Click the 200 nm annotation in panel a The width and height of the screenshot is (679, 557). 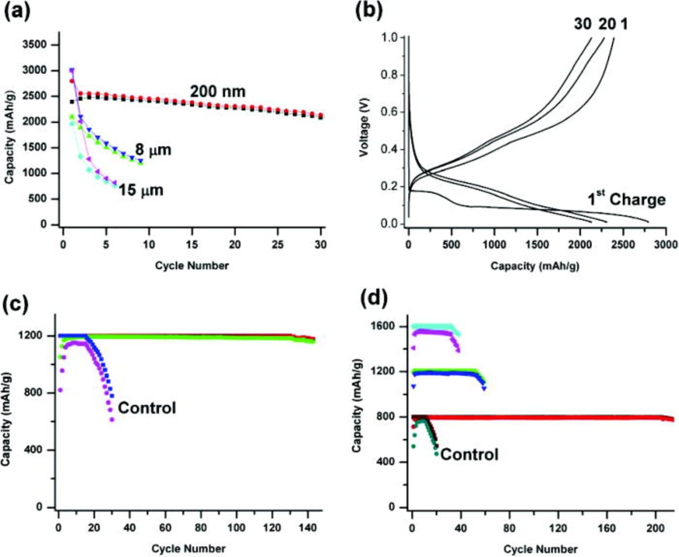(x=217, y=92)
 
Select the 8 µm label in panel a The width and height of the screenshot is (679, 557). (x=153, y=150)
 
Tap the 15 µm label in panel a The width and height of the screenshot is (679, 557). (x=141, y=190)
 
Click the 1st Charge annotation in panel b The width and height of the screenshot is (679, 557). (x=626, y=199)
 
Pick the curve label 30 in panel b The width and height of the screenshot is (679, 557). (x=582, y=24)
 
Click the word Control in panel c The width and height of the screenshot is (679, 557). (x=146, y=408)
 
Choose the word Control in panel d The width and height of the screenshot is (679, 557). (x=469, y=454)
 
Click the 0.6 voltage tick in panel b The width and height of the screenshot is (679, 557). (x=389, y=112)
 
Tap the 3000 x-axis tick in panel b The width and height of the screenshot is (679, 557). (x=666, y=244)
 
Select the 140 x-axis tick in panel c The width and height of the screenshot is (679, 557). (x=308, y=527)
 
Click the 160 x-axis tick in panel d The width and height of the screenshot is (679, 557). (x=606, y=527)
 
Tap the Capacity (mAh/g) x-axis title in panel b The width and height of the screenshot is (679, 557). (x=534, y=266)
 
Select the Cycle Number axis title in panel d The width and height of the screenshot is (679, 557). (x=540, y=549)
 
